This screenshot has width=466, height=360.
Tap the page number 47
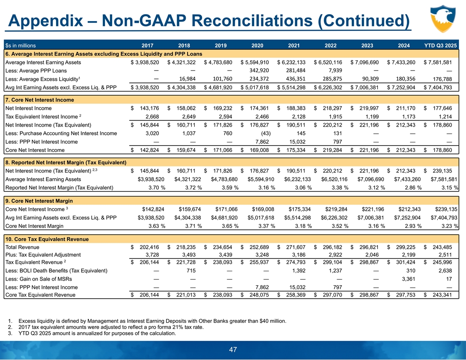coord(233,350)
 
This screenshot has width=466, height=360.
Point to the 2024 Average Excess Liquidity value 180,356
coord(402,79)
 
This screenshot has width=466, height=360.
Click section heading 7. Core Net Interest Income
coord(40,100)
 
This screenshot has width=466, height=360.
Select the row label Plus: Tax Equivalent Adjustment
coord(43,255)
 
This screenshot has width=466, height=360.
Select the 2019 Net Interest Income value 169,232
coord(221,108)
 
